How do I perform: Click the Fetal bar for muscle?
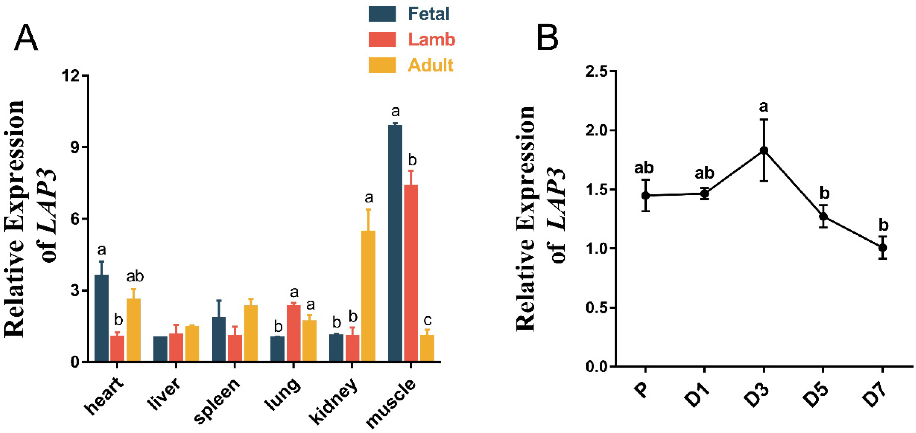click(x=395, y=243)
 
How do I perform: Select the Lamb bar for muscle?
click(x=411, y=273)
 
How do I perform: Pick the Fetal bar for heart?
click(x=102, y=318)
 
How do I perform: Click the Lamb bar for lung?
click(x=294, y=334)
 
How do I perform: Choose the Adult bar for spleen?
click(x=251, y=334)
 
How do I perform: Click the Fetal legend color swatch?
click(x=382, y=14)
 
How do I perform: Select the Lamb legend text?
click(x=431, y=39)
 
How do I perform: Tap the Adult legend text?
click(x=430, y=65)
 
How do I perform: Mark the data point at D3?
click(x=764, y=151)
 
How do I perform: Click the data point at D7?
click(x=883, y=247)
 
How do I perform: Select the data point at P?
click(x=645, y=195)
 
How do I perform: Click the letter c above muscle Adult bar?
click(x=427, y=320)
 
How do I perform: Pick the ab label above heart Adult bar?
click(x=135, y=276)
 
